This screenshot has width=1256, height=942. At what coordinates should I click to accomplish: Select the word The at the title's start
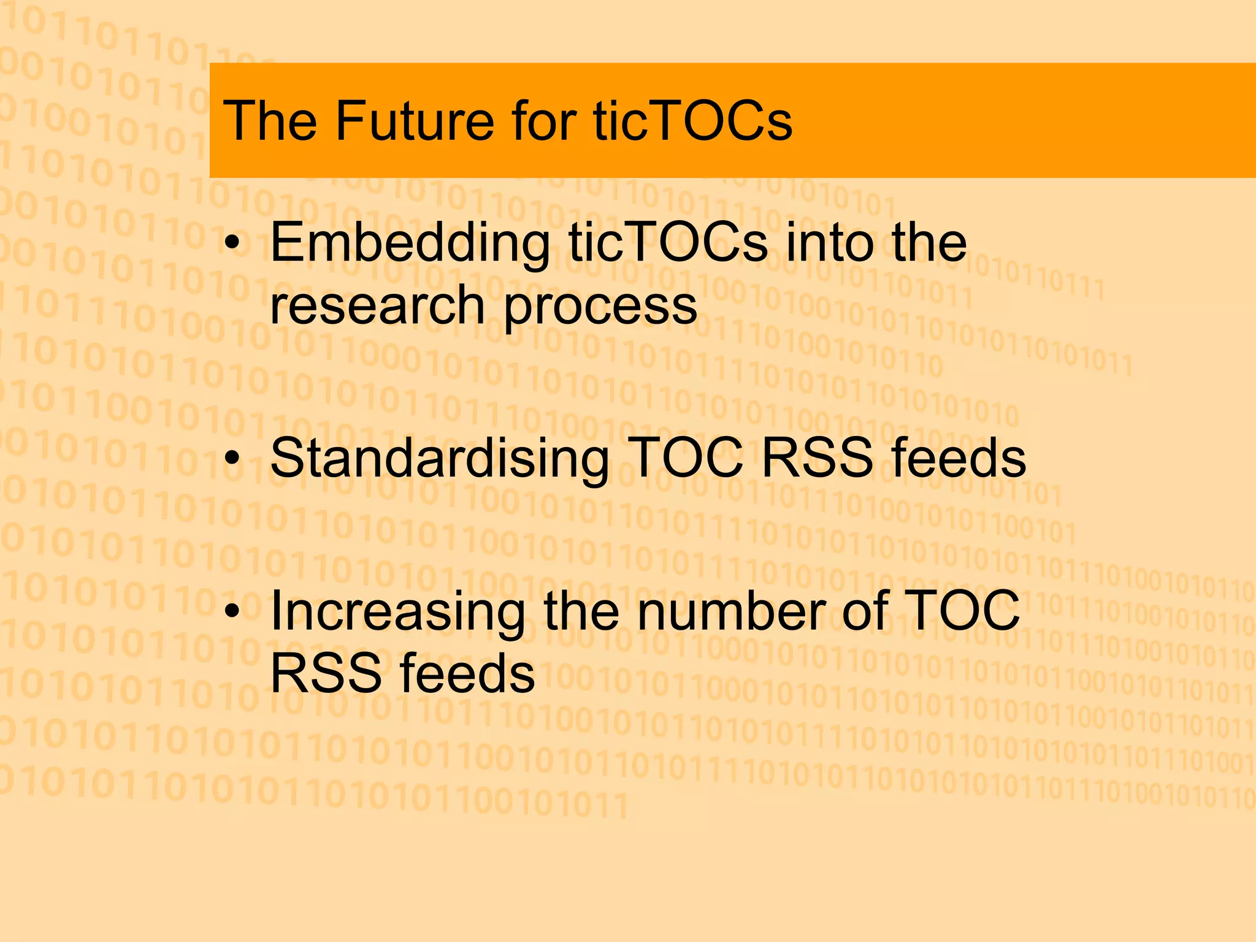click(270, 121)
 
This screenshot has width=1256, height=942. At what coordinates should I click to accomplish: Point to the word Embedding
click(410, 244)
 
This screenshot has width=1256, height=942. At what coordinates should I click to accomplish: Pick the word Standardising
click(439, 460)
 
